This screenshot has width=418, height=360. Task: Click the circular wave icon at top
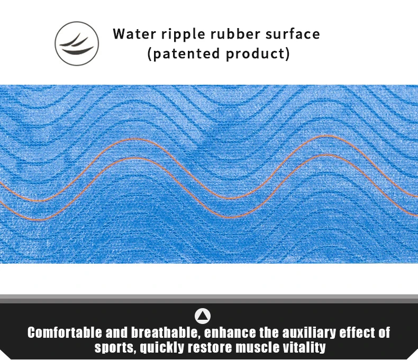tap(77, 43)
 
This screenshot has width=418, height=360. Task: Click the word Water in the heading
tap(134, 34)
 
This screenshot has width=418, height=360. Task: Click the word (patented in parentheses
tap(184, 54)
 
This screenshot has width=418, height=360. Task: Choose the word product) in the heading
tap(258, 54)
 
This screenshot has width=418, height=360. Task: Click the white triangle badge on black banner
tap(203, 316)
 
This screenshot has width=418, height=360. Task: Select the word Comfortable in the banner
tap(65, 332)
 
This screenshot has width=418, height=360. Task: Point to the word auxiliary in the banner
tap(308, 333)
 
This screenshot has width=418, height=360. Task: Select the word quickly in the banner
tap(162, 348)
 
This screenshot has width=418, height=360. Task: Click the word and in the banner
tap(116, 332)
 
